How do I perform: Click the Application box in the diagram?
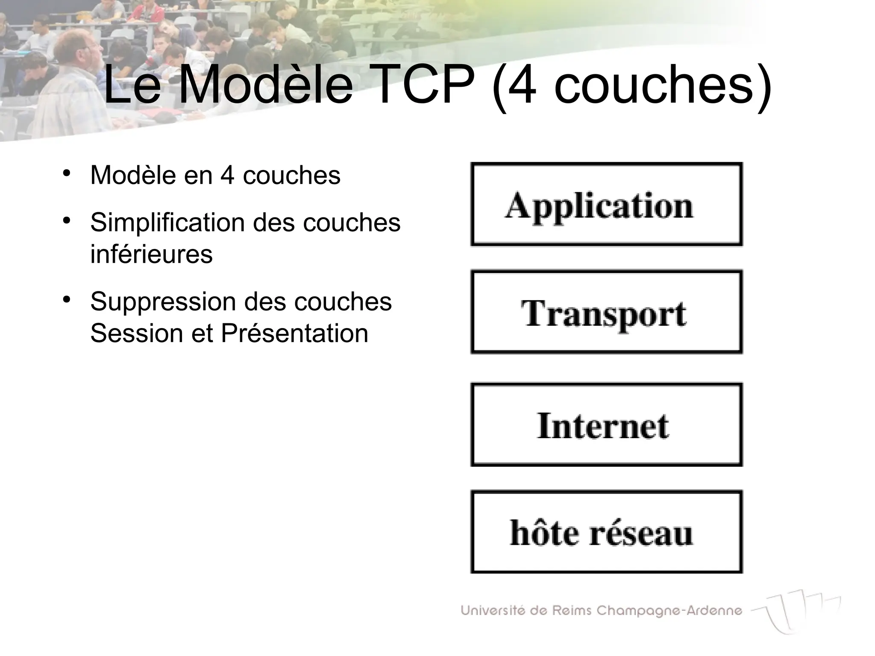pos(606,204)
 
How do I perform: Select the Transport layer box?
pos(606,312)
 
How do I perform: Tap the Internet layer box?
pos(606,425)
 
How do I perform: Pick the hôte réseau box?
pos(606,532)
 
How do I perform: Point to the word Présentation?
pos(294,333)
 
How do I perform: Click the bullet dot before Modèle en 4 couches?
pos(66,174)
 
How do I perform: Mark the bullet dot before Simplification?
pos(66,221)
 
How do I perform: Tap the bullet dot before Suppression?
pos(66,300)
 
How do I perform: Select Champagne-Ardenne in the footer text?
pos(669,610)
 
